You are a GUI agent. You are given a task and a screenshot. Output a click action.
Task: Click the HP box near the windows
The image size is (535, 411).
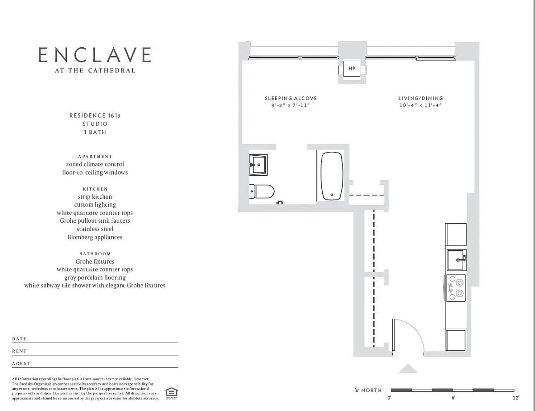(x=352, y=69)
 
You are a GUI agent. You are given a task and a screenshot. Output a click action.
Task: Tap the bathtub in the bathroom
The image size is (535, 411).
(x=332, y=176)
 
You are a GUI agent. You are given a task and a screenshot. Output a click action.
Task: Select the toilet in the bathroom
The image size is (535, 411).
(x=262, y=191)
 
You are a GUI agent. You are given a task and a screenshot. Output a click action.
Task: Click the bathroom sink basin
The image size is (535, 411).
(x=258, y=165)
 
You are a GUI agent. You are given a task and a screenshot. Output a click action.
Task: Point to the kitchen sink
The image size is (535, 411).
(x=457, y=260)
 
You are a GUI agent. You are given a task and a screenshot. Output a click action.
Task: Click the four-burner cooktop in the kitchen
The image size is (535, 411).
(x=456, y=288)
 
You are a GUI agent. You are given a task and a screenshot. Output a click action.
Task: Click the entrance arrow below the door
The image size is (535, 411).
(x=407, y=368)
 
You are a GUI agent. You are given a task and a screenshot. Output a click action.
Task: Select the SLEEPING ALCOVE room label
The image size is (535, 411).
(x=291, y=98)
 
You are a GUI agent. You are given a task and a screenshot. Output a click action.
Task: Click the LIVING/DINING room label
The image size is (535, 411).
(x=420, y=98)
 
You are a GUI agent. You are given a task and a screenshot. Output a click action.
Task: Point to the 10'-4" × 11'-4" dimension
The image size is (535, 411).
(x=420, y=105)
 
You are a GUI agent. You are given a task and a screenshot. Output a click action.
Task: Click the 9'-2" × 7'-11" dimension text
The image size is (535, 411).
(x=291, y=105)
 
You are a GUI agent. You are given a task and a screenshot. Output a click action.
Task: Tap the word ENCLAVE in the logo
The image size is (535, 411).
(x=95, y=55)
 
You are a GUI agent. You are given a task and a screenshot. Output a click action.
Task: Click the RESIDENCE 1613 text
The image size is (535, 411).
(x=95, y=116)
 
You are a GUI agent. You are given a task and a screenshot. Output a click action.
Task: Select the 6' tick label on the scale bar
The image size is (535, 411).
(x=453, y=398)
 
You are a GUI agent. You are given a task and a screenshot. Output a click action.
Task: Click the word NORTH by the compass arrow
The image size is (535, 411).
(x=371, y=390)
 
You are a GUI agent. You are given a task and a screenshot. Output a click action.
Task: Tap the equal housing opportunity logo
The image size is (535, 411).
(x=171, y=393)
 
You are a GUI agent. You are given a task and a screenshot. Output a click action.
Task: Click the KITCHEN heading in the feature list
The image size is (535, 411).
(x=95, y=189)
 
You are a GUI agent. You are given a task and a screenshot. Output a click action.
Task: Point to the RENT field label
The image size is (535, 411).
(x=20, y=351)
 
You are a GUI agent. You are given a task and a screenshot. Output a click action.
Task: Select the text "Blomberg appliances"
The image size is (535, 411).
(x=95, y=237)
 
